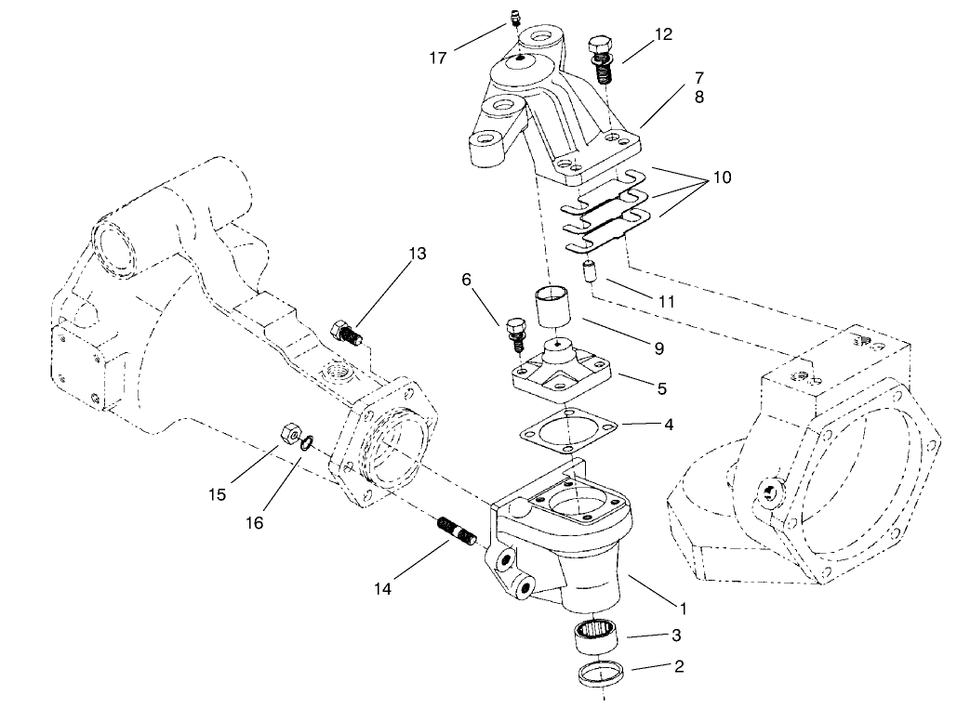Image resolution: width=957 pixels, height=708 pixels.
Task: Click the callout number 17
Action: pyautogui.click(x=438, y=58)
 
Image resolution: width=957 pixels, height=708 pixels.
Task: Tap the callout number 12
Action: pyautogui.click(x=662, y=34)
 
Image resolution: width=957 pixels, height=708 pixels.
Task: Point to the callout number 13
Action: pyautogui.click(x=418, y=254)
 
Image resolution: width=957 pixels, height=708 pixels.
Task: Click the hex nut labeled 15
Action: pyautogui.click(x=289, y=432)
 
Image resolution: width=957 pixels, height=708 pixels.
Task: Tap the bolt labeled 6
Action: pyautogui.click(x=516, y=334)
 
